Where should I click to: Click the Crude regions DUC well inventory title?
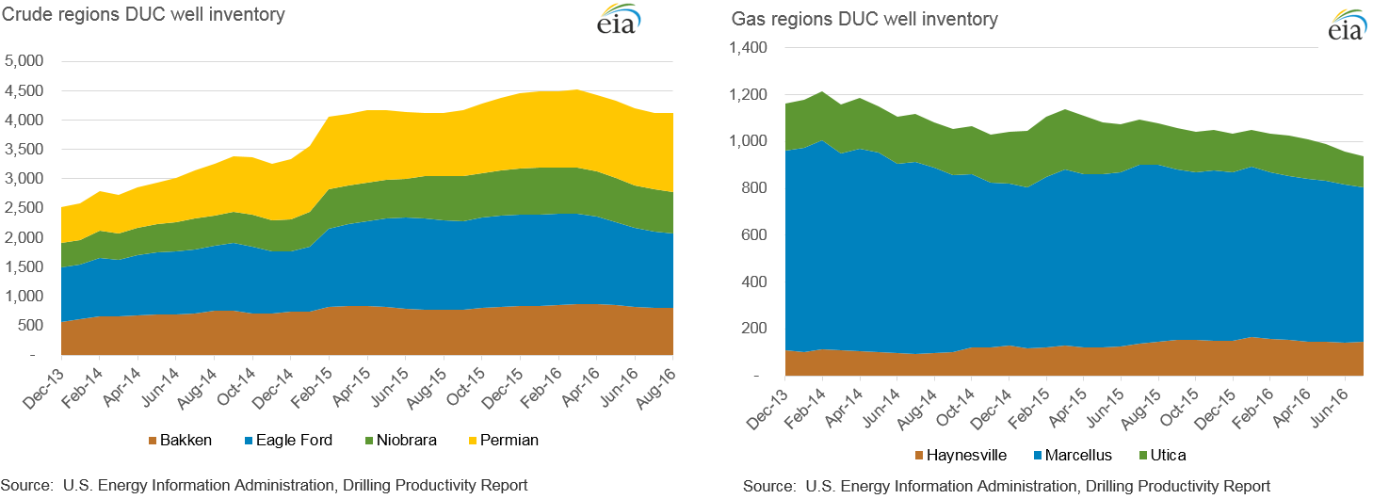click(x=144, y=15)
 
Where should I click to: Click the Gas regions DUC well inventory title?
click(x=864, y=19)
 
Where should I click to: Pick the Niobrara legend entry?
click(x=402, y=440)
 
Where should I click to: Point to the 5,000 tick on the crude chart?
click(x=25, y=61)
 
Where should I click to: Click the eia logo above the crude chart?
click(x=618, y=21)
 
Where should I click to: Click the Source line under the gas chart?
click(x=1006, y=486)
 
